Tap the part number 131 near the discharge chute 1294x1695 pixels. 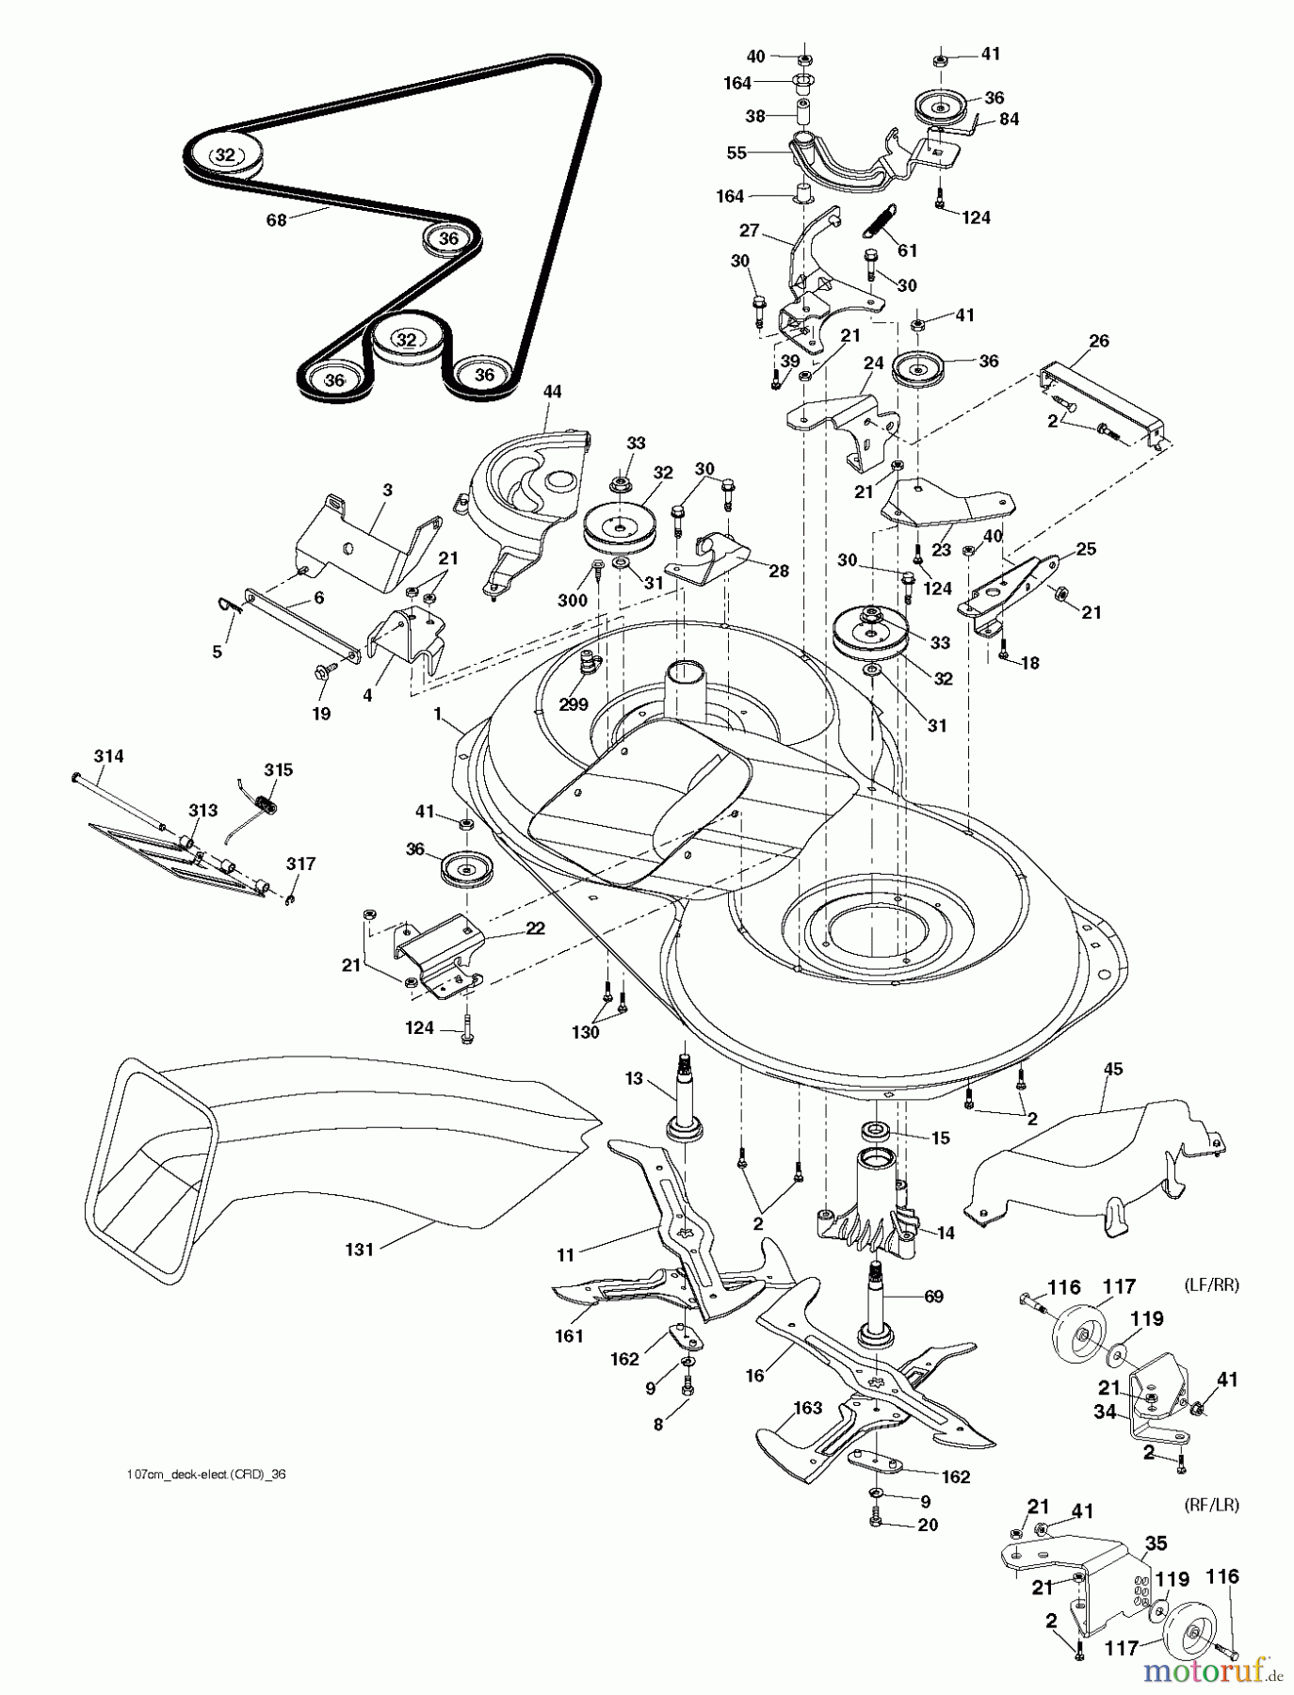click(x=360, y=1249)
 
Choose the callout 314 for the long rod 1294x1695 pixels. click(x=108, y=756)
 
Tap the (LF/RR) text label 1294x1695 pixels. click(x=1209, y=1285)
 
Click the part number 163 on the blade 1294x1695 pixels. click(x=808, y=1409)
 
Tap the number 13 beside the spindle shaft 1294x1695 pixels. click(x=633, y=1078)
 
